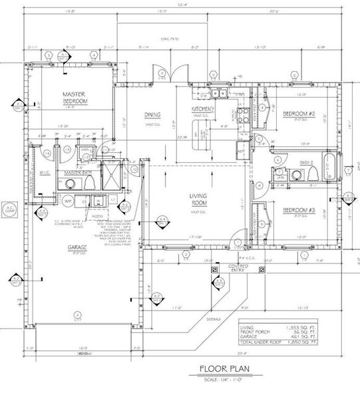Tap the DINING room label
152,115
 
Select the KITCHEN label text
201,108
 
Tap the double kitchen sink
221,94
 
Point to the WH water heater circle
69,199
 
